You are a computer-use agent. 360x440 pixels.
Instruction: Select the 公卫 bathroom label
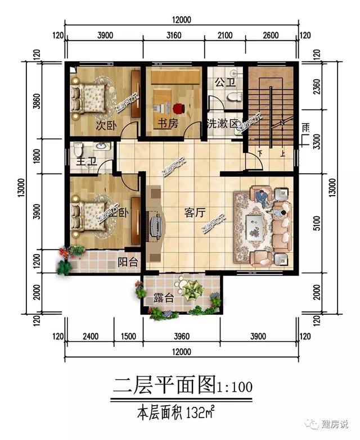(x=224, y=83)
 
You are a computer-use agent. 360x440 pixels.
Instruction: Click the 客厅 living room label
(x=193, y=213)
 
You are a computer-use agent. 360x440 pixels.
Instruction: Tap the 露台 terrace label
(x=163, y=298)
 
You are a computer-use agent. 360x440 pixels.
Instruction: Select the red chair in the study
(x=179, y=107)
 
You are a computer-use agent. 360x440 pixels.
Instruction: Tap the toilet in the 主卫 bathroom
(x=78, y=149)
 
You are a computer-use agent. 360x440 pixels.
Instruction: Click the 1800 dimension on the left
(x=37, y=156)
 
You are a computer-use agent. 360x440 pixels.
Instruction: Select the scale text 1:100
(x=235, y=388)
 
